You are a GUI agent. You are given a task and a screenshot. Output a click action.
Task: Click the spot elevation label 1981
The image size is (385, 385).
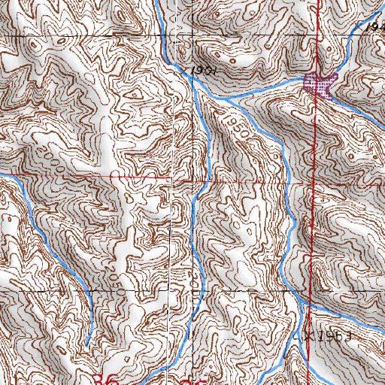pyautogui.click(x=199, y=69)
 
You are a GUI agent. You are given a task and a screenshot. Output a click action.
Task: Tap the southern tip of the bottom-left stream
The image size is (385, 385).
pyautogui.click(x=87, y=344)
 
